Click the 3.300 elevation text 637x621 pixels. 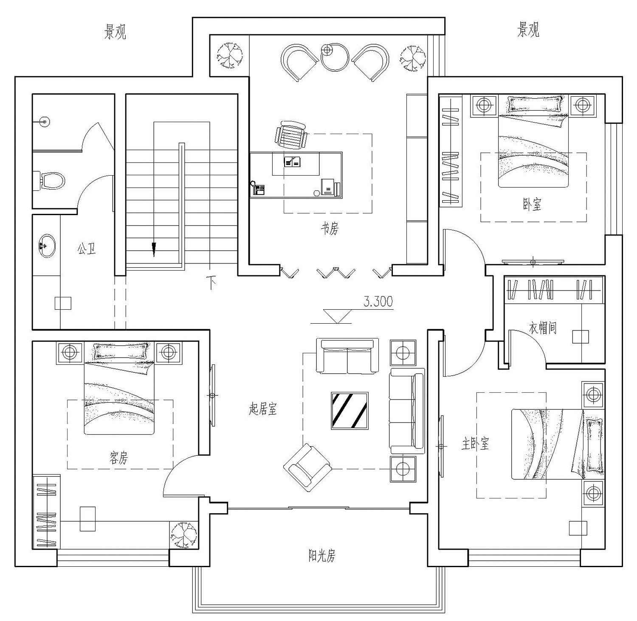pyautogui.click(x=378, y=302)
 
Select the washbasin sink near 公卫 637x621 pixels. pyautogui.click(x=46, y=246)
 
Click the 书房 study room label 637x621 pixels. pyautogui.click(x=330, y=229)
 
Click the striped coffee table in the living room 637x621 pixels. pyautogui.click(x=350, y=411)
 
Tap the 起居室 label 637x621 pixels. pyautogui.click(x=263, y=409)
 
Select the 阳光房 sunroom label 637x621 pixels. pyautogui.click(x=322, y=555)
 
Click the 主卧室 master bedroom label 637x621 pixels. pyautogui.click(x=476, y=444)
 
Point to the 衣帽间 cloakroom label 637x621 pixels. pyautogui.click(x=543, y=327)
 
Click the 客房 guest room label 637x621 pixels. pyautogui.click(x=118, y=458)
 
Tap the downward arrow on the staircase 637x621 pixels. pyautogui.click(x=154, y=249)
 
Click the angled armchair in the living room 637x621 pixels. pyautogui.click(x=307, y=467)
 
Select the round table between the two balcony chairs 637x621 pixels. pyautogui.click(x=335, y=57)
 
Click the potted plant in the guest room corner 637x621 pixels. pyautogui.click(x=184, y=535)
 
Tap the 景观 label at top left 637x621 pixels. pyautogui.click(x=115, y=32)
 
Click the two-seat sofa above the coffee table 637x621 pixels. pyautogui.click(x=347, y=356)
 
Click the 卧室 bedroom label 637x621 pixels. pyautogui.click(x=532, y=205)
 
